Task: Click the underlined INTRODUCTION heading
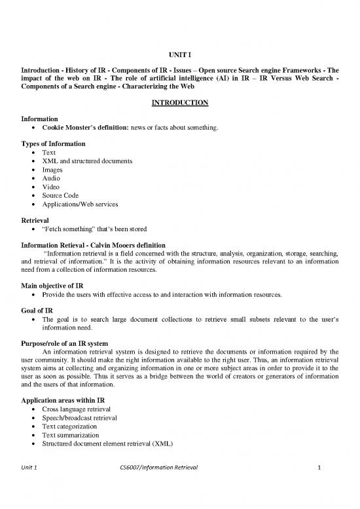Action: point(179,103)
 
